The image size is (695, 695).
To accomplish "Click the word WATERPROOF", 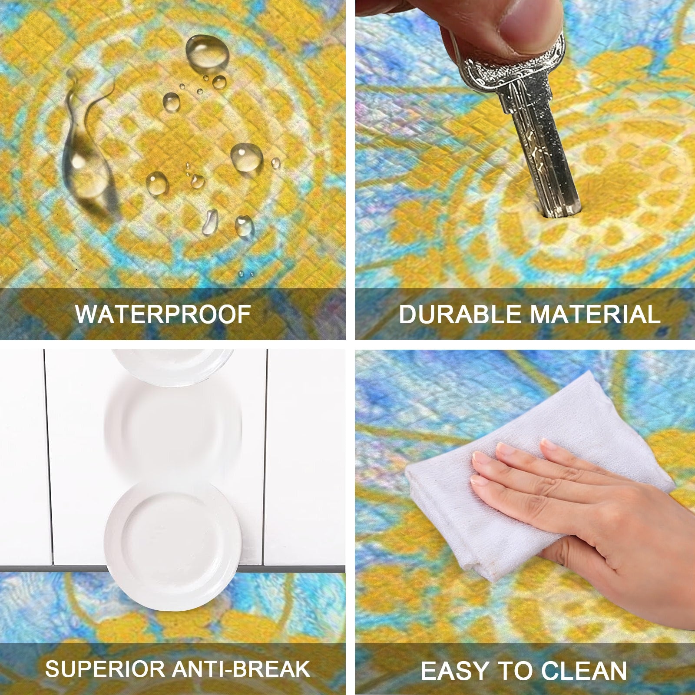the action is click(x=163, y=314).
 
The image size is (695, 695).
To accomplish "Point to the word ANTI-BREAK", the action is click(x=241, y=669).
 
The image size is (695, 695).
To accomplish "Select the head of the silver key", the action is click(x=513, y=65).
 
